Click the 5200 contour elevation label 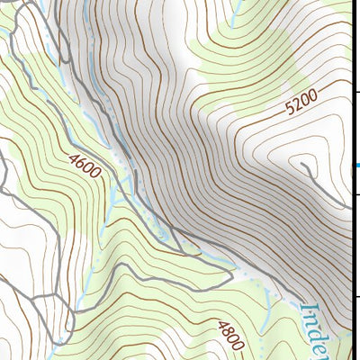[301, 105]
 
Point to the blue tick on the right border [356, 166]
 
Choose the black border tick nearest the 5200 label [356, 92]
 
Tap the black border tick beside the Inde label [356, 297]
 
